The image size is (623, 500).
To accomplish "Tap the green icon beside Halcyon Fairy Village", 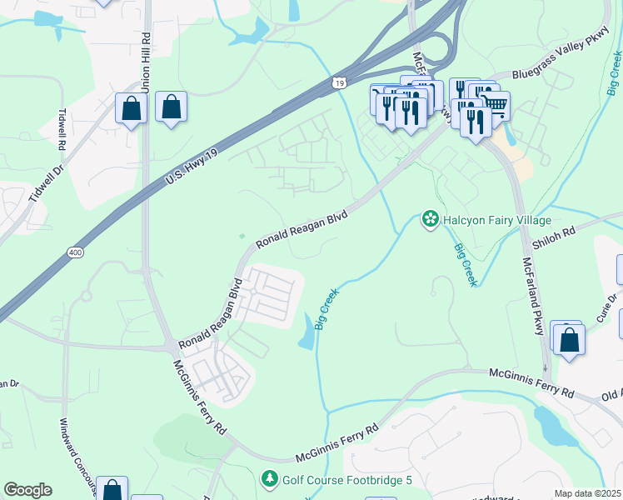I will (430, 220).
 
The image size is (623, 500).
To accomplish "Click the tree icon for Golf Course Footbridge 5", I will (269, 479).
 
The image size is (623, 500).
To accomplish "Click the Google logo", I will (28, 490).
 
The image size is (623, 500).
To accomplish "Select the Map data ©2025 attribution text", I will (587, 493).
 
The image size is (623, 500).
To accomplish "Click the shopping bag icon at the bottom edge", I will (112, 489).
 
